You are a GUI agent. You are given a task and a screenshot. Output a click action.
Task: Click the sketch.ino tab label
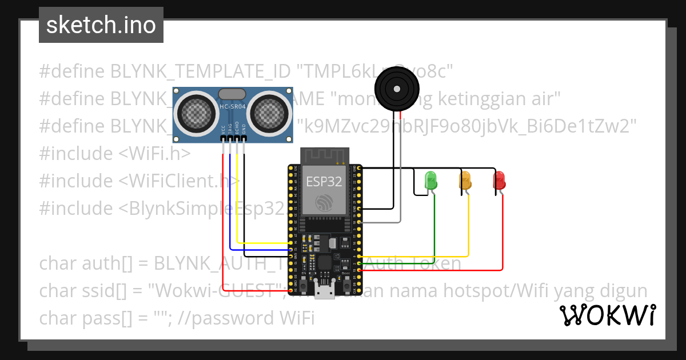click(x=101, y=25)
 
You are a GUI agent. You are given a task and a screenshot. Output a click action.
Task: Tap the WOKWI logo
click(x=607, y=315)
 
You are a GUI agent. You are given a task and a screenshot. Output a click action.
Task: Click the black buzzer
click(x=396, y=89)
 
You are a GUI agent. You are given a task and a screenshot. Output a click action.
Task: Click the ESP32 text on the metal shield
click(x=324, y=182)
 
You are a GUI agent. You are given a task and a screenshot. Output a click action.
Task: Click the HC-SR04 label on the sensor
click(x=233, y=106)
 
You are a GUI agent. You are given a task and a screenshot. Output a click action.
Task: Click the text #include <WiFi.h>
click(x=114, y=154)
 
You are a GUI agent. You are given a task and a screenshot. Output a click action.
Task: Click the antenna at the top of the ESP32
click(x=324, y=154)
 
